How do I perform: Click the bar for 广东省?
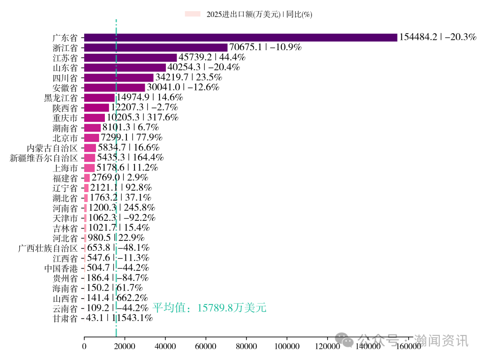[x=240, y=38]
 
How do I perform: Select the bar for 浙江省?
[x=156, y=47]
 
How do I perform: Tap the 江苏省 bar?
[x=130, y=57]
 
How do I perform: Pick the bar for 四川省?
[x=119, y=77]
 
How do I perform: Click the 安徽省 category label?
[x=65, y=87]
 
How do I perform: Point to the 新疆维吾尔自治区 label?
[x=43, y=158]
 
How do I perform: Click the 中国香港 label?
[x=61, y=269]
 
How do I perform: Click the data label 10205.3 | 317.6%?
[x=142, y=118]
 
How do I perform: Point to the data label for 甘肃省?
[x=119, y=319]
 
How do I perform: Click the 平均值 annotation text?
[x=209, y=308]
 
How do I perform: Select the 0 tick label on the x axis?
[x=84, y=346]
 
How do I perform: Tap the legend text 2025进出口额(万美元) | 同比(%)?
[x=259, y=14]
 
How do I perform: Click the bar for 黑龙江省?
[x=99, y=98]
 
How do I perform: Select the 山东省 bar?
[x=125, y=68]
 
